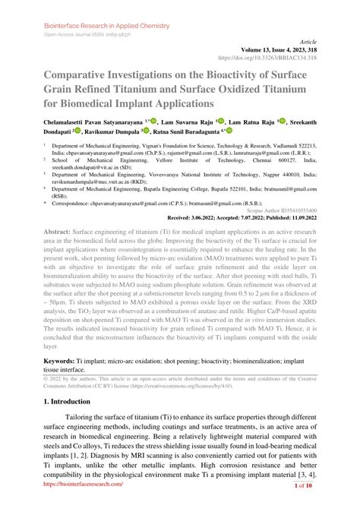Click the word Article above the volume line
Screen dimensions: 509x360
tap(327, 42)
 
